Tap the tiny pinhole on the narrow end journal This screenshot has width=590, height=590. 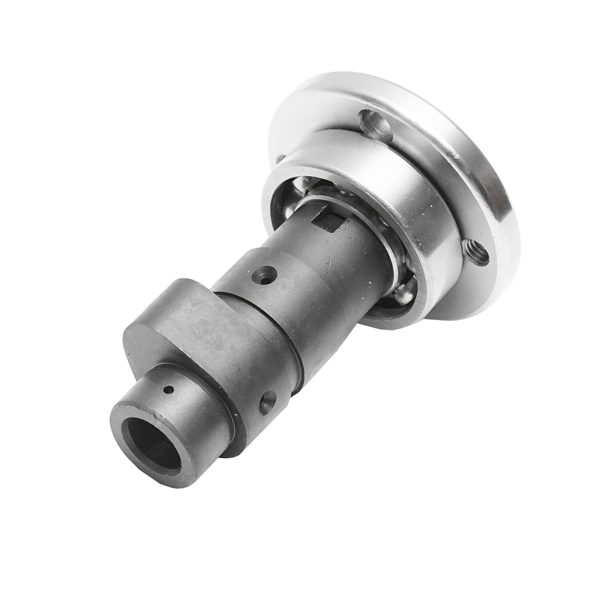point(170,390)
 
